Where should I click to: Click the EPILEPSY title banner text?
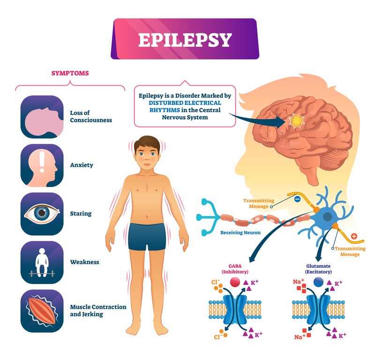[x=185, y=40]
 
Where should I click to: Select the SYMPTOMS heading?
[x=70, y=73]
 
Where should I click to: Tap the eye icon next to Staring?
[x=42, y=214]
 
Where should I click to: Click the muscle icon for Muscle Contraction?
[x=42, y=310]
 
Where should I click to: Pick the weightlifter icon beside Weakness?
[x=42, y=262]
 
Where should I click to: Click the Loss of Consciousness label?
[x=91, y=116]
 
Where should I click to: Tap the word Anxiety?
[x=82, y=165]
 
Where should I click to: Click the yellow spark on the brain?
[x=296, y=121]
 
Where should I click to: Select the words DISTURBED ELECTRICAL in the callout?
[x=185, y=103]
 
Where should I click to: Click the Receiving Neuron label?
[x=240, y=232]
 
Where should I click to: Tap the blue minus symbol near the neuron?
[x=297, y=199]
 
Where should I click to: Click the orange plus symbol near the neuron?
[x=354, y=236]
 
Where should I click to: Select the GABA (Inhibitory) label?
[x=235, y=269]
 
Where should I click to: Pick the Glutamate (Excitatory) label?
[x=318, y=269]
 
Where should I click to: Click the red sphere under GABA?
[x=235, y=282]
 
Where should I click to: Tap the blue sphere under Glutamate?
[x=318, y=282]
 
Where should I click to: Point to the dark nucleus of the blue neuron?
[x=327, y=217]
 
